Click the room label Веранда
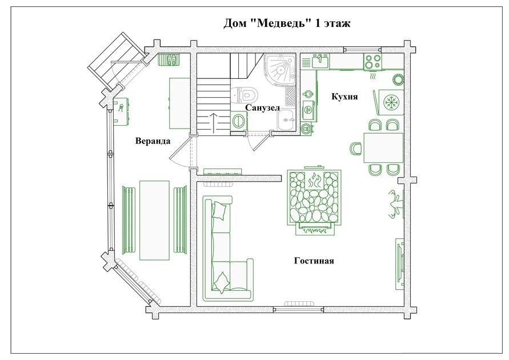point(153,141)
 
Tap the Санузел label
point(262,107)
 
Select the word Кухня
point(344,97)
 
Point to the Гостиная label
point(314,261)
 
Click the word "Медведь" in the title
point(281,23)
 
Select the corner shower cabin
point(280,69)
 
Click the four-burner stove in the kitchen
point(372,62)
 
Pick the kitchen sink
point(320,61)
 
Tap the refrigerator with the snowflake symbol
point(391,102)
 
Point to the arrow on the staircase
point(213,123)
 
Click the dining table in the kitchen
point(383,147)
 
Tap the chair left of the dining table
point(356,149)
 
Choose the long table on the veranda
point(154,221)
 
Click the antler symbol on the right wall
point(395,204)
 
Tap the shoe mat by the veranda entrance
point(173,60)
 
